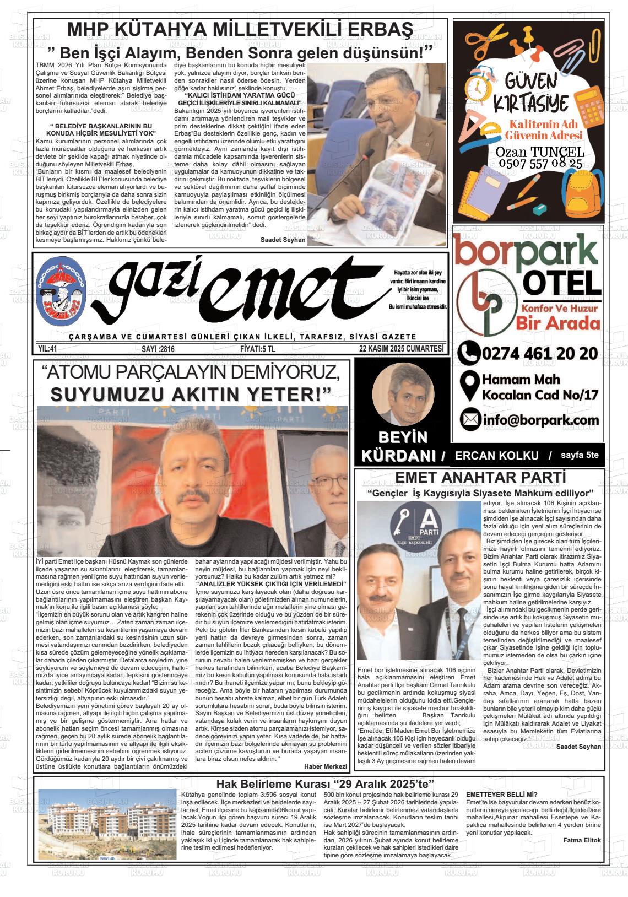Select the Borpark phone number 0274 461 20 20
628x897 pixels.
click(539, 353)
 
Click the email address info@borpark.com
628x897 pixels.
click(540, 420)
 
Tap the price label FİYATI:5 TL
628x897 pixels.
click(257, 349)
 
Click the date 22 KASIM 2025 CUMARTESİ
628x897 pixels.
click(400, 349)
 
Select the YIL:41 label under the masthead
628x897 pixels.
click(48, 349)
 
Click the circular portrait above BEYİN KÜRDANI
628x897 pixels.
click(399, 393)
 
